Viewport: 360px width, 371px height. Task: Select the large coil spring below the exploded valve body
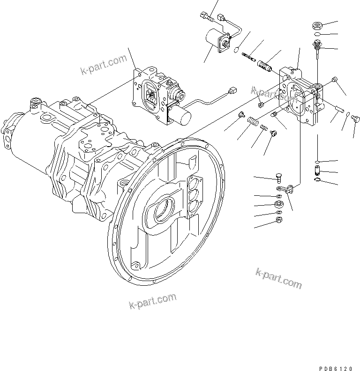coord(253,123)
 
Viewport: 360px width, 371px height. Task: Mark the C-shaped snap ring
coord(318,177)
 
